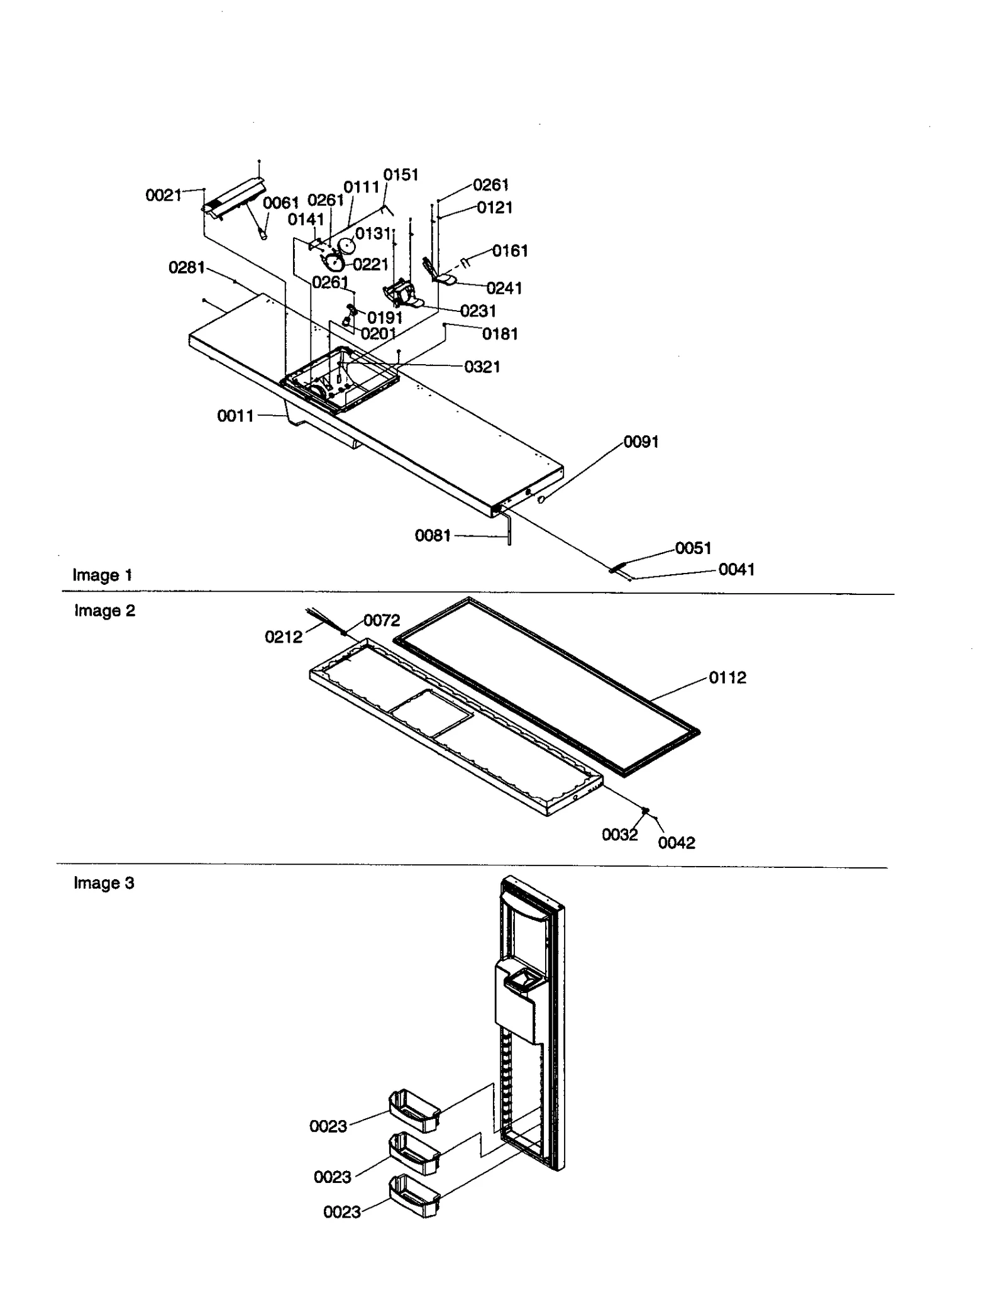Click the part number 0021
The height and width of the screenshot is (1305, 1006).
point(163,196)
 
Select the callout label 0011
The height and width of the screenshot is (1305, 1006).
point(235,416)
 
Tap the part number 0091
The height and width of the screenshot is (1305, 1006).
point(641,441)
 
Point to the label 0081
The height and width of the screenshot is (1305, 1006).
point(433,536)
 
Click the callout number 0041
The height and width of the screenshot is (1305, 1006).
point(736,569)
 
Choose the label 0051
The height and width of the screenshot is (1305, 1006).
point(693,548)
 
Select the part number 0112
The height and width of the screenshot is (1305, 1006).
point(727,677)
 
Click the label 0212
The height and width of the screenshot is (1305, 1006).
point(283,637)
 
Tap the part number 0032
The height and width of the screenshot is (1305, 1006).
point(619,835)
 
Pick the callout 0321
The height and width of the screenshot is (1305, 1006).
point(482,367)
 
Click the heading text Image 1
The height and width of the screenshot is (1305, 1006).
point(102,575)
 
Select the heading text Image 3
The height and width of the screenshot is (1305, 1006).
point(104,883)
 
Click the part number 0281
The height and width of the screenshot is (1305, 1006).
point(186,268)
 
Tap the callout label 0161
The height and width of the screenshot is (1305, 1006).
point(509,251)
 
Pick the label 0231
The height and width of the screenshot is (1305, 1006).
point(477,311)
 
